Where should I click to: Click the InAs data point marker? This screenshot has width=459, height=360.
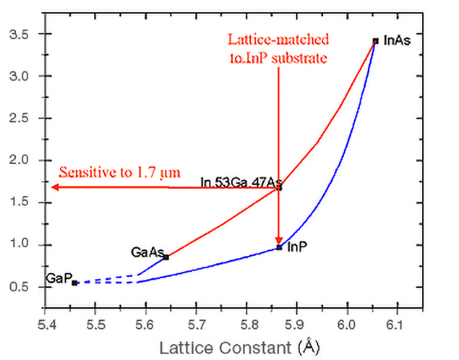(x=375, y=41)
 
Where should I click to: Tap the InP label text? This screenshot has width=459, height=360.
(x=297, y=246)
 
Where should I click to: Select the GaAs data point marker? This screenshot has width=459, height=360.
(x=166, y=257)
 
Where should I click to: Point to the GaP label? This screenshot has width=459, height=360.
(x=58, y=278)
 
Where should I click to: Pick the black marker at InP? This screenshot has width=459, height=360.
(x=279, y=247)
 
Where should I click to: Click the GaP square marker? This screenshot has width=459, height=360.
(x=74, y=282)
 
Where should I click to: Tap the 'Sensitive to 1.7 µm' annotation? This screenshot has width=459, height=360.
(x=118, y=172)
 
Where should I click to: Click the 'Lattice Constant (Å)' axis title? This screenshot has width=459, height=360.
(x=240, y=348)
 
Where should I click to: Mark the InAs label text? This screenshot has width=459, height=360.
(x=397, y=40)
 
